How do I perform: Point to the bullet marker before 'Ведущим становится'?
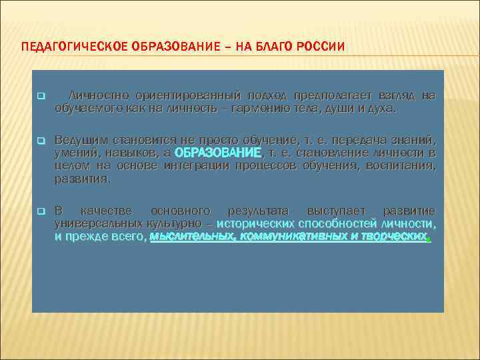pos(40,141)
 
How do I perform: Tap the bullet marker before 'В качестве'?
pos(40,211)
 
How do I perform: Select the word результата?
pos(256,211)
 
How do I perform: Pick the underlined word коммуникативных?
pos(289,236)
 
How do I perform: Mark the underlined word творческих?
pos(393,236)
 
